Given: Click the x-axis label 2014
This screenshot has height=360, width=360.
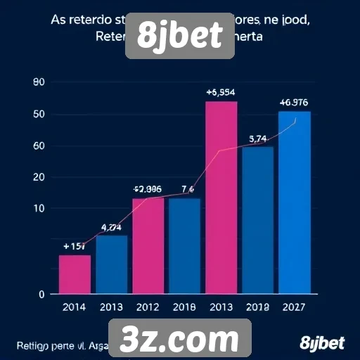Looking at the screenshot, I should click(x=75, y=307).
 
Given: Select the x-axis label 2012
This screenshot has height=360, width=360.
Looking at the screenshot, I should click(x=148, y=307).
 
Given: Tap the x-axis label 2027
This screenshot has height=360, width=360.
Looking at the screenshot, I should click(x=295, y=307).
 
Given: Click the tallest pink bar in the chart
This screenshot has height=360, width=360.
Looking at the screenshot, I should click(x=221, y=197).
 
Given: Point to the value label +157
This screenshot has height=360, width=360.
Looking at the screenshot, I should click(x=75, y=246).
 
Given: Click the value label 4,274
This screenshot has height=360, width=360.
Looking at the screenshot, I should click(x=112, y=227).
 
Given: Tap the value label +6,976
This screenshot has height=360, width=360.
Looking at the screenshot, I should click(x=293, y=103).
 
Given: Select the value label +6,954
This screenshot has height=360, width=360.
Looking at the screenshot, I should click(x=221, y=93).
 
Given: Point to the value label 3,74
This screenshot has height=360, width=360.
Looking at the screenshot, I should click(x=258, y=139).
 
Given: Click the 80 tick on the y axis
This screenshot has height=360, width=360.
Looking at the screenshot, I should click(x=39, y=83).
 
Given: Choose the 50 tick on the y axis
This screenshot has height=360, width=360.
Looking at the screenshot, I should click(x=39, y=115).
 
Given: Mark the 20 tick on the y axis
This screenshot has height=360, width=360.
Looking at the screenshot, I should click(x=39, y=177).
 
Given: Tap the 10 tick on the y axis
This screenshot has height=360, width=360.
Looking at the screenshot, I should click(x=39, y=208).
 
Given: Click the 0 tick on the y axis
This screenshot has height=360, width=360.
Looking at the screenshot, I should click(x=41, y=294).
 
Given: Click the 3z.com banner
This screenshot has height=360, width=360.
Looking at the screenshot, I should click(x=180, y=340).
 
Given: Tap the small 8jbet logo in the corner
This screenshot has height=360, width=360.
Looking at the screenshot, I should click(x=322, y=343).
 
